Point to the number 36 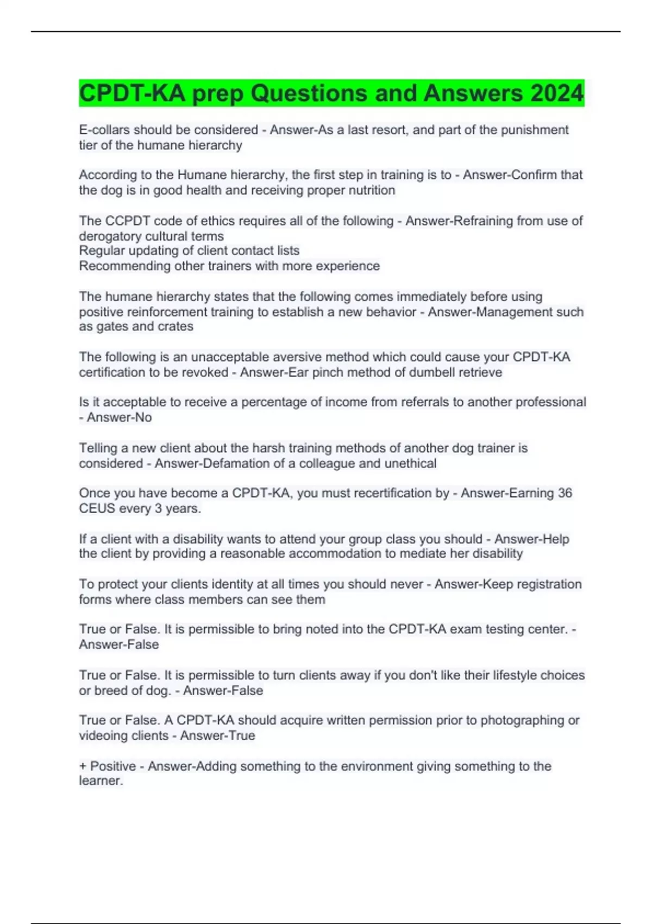[565, 493]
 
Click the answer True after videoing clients [242, 736]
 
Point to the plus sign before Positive [83, 766]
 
